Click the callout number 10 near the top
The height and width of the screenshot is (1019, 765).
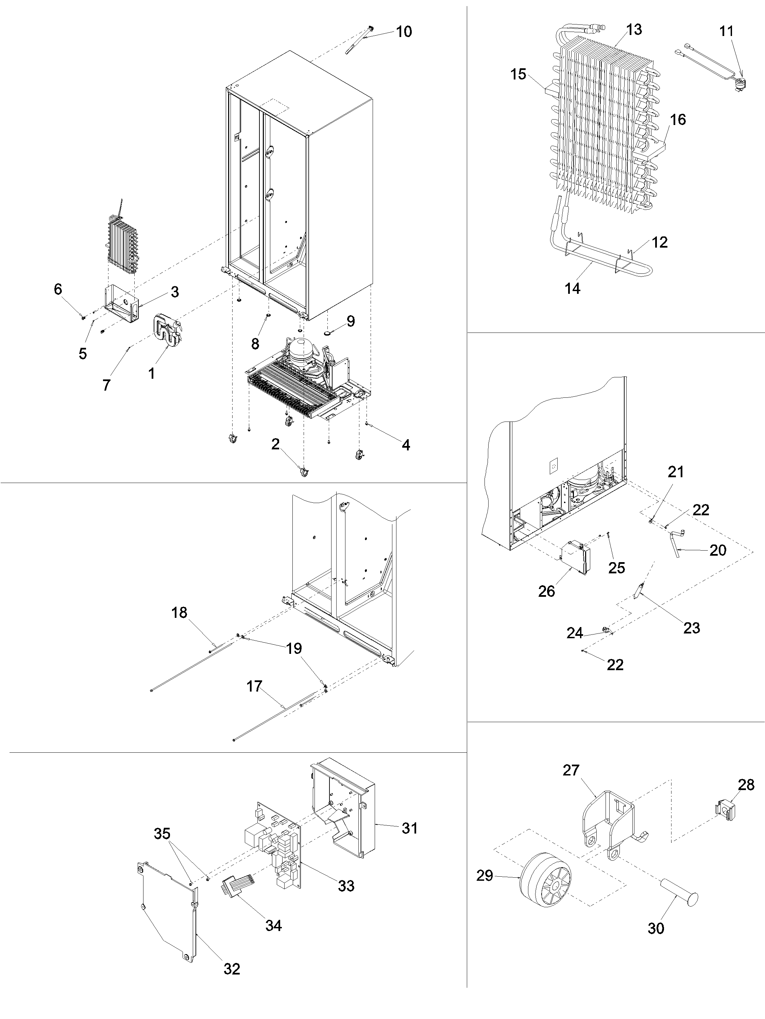(404, 32)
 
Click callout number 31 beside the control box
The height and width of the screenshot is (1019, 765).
(409, 828)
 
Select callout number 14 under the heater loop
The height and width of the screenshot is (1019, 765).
(572, 289)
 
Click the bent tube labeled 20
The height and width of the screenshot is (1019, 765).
(676, 543)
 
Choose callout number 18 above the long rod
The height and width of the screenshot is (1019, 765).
(180, 613)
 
